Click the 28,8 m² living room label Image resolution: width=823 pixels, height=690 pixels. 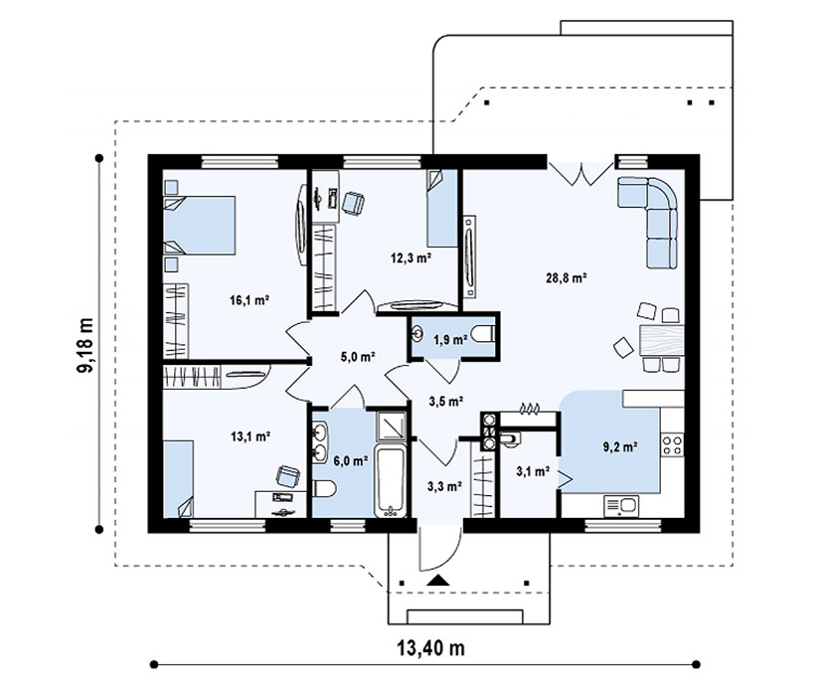coord(567,277)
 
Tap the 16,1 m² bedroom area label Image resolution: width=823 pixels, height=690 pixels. coord(249,300)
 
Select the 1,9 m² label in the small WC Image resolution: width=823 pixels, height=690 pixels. coord(450,340)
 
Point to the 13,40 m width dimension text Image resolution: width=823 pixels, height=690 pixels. coord(430,648)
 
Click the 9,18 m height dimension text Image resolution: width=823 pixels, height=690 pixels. coord(84,345)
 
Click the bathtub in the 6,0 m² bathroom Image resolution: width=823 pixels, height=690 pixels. coord(391,482)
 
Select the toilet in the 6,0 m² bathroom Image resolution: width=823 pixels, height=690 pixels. coord(324,490)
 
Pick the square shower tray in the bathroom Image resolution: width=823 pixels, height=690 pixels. coord(391,427)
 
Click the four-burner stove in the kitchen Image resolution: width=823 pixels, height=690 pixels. coord(672,444)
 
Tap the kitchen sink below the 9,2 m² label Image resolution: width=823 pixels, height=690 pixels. coord(621,507)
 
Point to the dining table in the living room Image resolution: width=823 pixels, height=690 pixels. coord(662,340)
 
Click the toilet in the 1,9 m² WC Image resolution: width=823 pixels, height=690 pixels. coord(483,333)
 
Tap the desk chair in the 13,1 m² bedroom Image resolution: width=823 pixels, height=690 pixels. coord(288,477)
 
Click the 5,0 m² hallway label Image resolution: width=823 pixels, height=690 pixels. coord(358,358)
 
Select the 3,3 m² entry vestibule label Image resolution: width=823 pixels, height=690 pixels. coord(444,487)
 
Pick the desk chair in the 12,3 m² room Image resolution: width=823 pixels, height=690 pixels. coord(353,203)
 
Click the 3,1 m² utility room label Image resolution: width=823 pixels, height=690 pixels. coord(533,471)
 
